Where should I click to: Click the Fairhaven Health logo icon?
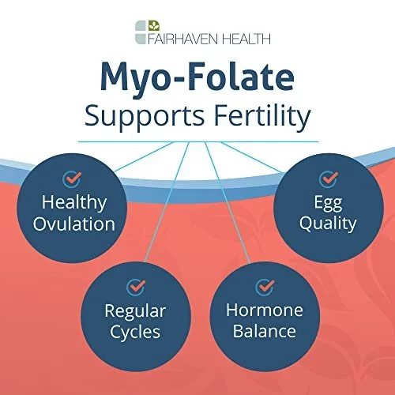[148, 32]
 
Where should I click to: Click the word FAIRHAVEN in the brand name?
[183, 39]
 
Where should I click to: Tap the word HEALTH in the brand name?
[246, 39]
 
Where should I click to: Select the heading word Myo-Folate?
[197, 77]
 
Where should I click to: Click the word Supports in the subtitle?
[145, 117]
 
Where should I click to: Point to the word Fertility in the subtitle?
[262, 117]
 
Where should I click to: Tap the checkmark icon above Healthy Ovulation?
[72, 179]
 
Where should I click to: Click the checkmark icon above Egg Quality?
[329, 179]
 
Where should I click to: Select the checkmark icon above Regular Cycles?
[136, 287]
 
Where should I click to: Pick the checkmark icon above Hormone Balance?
[265, 287]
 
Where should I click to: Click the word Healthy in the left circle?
[74, 203]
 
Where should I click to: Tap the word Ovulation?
[74, 224]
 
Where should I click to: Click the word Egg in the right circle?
[328, 203]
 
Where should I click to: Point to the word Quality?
[328, 224]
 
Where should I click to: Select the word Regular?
[135, 311]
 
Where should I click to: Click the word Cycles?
[135, 332]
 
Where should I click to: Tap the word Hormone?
[265, 310]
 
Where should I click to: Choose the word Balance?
[265, 331]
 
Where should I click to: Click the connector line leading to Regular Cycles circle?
[167, 202]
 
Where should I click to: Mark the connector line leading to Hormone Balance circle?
[228, 202]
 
